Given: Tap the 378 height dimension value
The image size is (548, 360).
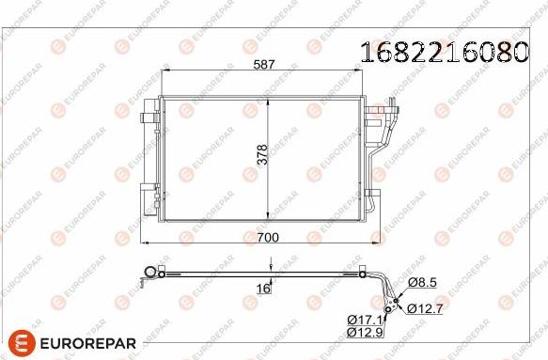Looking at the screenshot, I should (262, 155).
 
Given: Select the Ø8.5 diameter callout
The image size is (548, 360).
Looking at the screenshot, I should (421, 282).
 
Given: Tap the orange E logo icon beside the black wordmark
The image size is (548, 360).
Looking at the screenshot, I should (22, 341).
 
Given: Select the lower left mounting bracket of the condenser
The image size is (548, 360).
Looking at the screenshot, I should (148, 196).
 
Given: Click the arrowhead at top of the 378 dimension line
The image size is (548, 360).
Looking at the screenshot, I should (271, 99).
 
